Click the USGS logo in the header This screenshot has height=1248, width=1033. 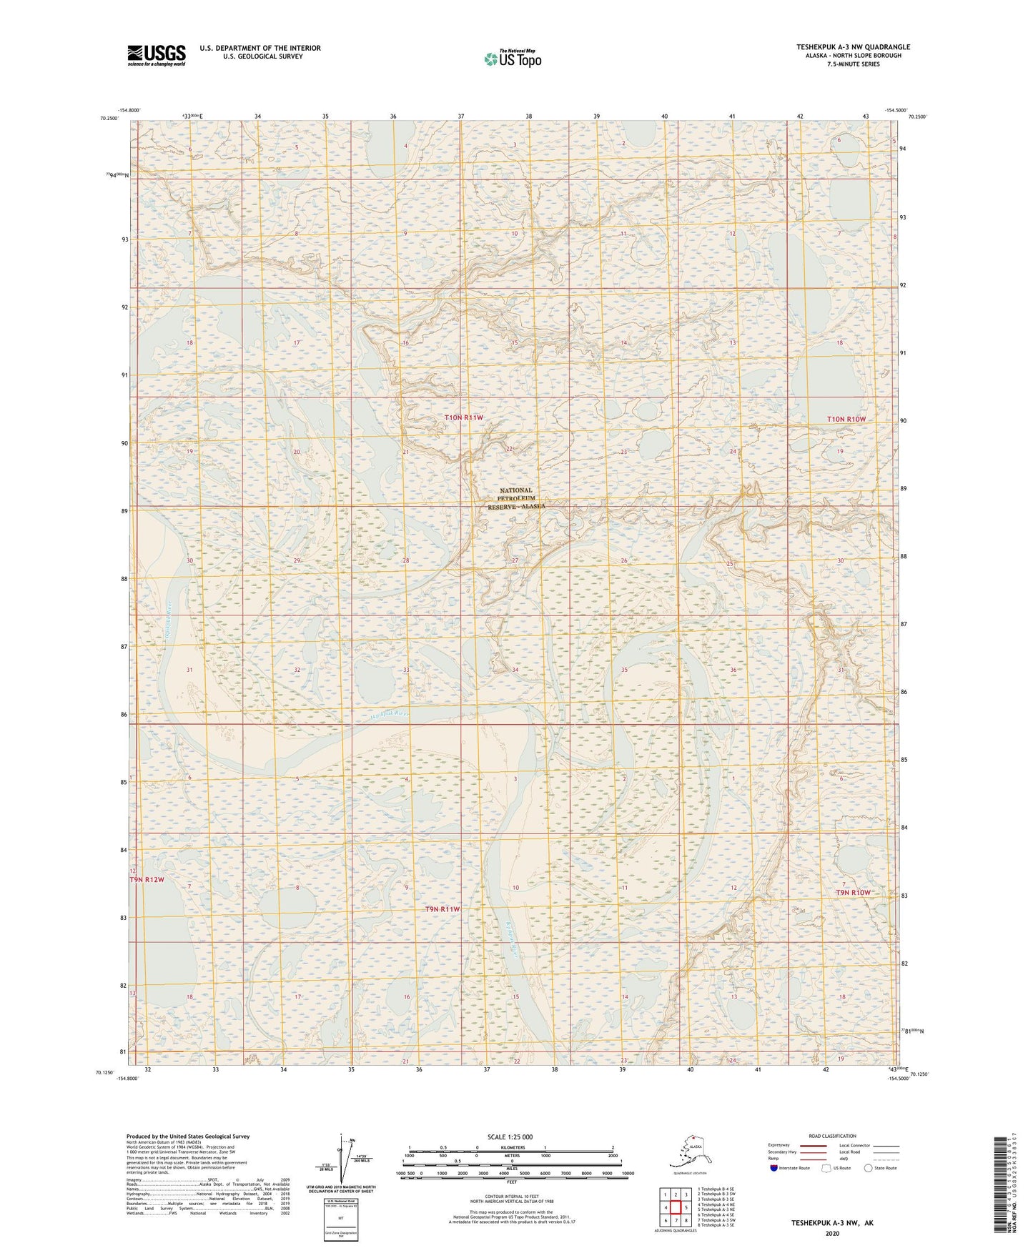click(x=156, y=55)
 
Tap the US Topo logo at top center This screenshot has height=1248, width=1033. click(x=512, y=58)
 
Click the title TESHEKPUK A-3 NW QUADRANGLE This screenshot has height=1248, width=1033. click(x=853, y=47)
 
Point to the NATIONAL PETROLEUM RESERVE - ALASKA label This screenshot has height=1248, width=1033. click(x=516, y=498)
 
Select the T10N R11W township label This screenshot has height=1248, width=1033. click(x=464, y=417)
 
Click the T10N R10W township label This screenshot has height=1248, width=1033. click(x=851, y=419)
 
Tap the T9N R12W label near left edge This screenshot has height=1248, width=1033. click(x=147, y=880)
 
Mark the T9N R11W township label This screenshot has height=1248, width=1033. click(x=443, y=909)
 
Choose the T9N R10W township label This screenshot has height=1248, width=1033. click(x=854, y=893)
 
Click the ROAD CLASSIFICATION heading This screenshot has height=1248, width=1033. click(x=831, y=1136)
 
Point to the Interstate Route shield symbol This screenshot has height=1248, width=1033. click(x=774, y=1168)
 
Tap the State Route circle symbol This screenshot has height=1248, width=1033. click(x=868, y=1168)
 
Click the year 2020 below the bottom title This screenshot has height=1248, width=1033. click(x=831, y=1233)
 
